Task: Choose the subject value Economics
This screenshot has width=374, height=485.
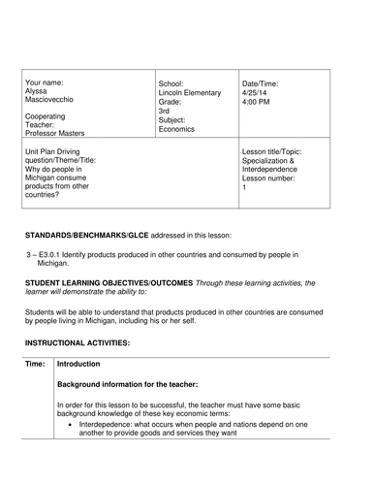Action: pyautogui.click(x=176, y=128)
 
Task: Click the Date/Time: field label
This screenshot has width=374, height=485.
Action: pyautogui.click(x=264, y=83)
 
